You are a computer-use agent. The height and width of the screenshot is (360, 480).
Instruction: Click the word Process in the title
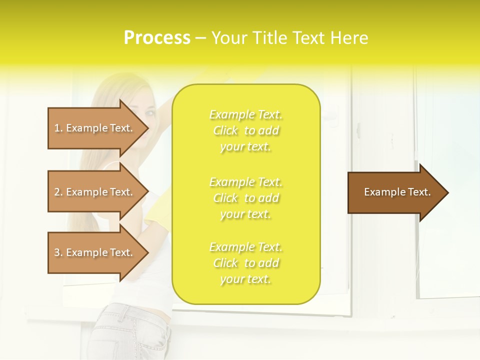[x=157, y=38]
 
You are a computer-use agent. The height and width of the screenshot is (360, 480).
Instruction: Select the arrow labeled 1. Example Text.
[x=95, y=128]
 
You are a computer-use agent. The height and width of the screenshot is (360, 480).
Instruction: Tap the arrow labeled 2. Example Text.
[x=95, y=192]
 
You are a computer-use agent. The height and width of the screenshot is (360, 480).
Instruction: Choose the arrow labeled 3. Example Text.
[x=95, y=252]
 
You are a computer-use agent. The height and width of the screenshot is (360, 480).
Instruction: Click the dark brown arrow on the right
[x=395, y=192]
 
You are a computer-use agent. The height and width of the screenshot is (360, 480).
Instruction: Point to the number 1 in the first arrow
[x=57, y=128]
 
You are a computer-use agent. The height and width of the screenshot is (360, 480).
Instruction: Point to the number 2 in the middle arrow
[x=57, y=192]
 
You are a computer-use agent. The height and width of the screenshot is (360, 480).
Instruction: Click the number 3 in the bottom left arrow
[x=57, y=252]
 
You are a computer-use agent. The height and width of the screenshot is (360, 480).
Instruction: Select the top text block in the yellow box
[x=246, y=130]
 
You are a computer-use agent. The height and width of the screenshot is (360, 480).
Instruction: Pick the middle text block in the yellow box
[x=246, y=197]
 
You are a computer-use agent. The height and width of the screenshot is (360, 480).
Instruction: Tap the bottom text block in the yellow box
[x=246, y=263]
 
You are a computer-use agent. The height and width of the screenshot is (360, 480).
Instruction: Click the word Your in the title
[x=227, y=38]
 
